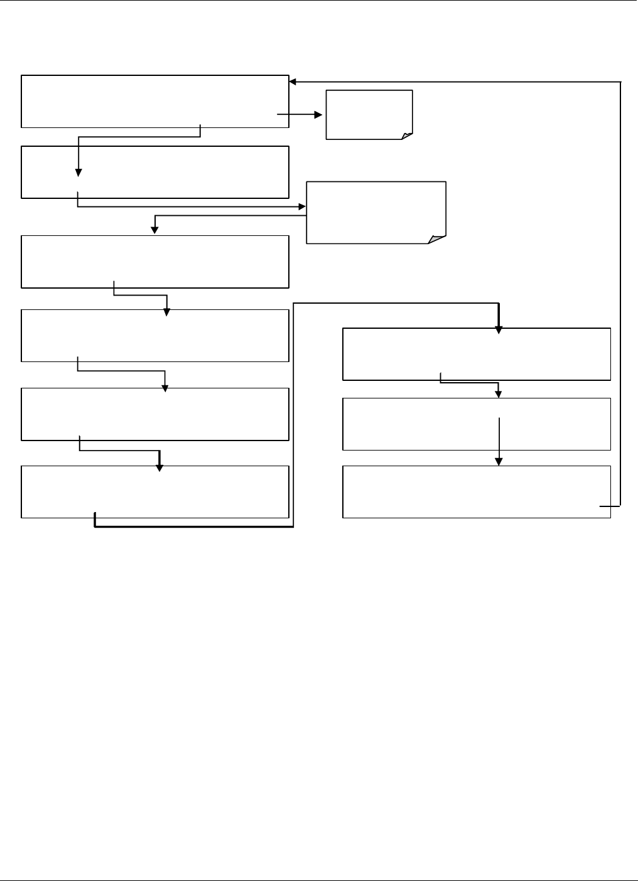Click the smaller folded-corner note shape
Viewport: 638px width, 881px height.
[369, 114]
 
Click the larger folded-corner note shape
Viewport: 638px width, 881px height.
[376, 212]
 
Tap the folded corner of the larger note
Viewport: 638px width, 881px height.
[438, 238]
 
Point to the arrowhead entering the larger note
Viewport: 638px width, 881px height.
[302, 206]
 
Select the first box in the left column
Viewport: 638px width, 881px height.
[155, 101]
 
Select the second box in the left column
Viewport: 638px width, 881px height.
[155, 172]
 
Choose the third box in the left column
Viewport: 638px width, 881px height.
[155, 262]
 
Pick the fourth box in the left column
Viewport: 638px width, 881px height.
[155, 335]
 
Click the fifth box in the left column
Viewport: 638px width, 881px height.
[155, 414]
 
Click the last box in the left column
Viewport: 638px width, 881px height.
[155, 491]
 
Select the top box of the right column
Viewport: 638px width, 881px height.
[476, 354]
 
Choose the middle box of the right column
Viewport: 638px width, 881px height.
[476, 424]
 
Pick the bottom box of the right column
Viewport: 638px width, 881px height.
[476, 491]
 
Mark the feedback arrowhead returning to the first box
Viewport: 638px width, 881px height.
[293, 82]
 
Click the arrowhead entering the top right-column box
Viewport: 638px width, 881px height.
[499, 329]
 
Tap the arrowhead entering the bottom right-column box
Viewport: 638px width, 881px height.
[499, 461]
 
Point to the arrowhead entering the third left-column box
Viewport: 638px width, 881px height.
[154, 230]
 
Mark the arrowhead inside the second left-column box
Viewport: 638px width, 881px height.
[78, 173]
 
